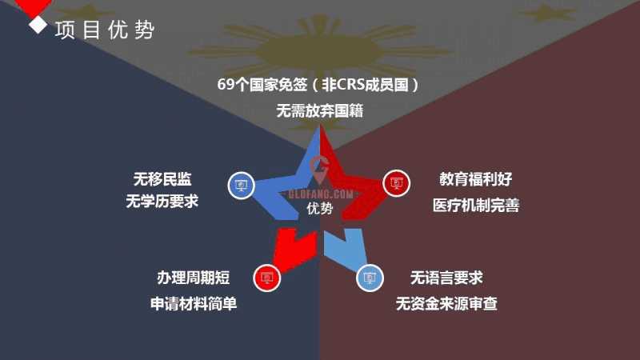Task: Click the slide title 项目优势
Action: click(x=105, y=30)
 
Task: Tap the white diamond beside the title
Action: click(x=38, y=25)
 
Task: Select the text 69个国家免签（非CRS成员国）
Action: click(x=318, y=85)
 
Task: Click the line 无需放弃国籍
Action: click(x=319, y=110)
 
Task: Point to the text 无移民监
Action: click(x=162, y=178)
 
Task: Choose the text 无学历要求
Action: click(x=162, y=201)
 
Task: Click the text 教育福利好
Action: click(x=475, y=178)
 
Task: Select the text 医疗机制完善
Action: click(x=476, y=205)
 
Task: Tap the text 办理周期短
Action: click(x=194, y=278)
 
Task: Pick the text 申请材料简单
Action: click(x=194, y=304)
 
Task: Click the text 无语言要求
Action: click(x=446, y=278)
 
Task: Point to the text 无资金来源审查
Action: click(x=446, y=304)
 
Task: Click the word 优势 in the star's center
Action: click(x=319, y=208)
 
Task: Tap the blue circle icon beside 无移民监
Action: click(x=242, y=186)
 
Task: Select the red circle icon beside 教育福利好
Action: click(x=396, y=183)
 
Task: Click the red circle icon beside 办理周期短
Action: click(x=267, y=278)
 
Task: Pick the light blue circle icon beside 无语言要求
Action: click(x=370, y=278)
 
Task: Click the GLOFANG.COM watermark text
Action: click(x=321, y=194)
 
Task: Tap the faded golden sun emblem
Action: click(x=318, y=50)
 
